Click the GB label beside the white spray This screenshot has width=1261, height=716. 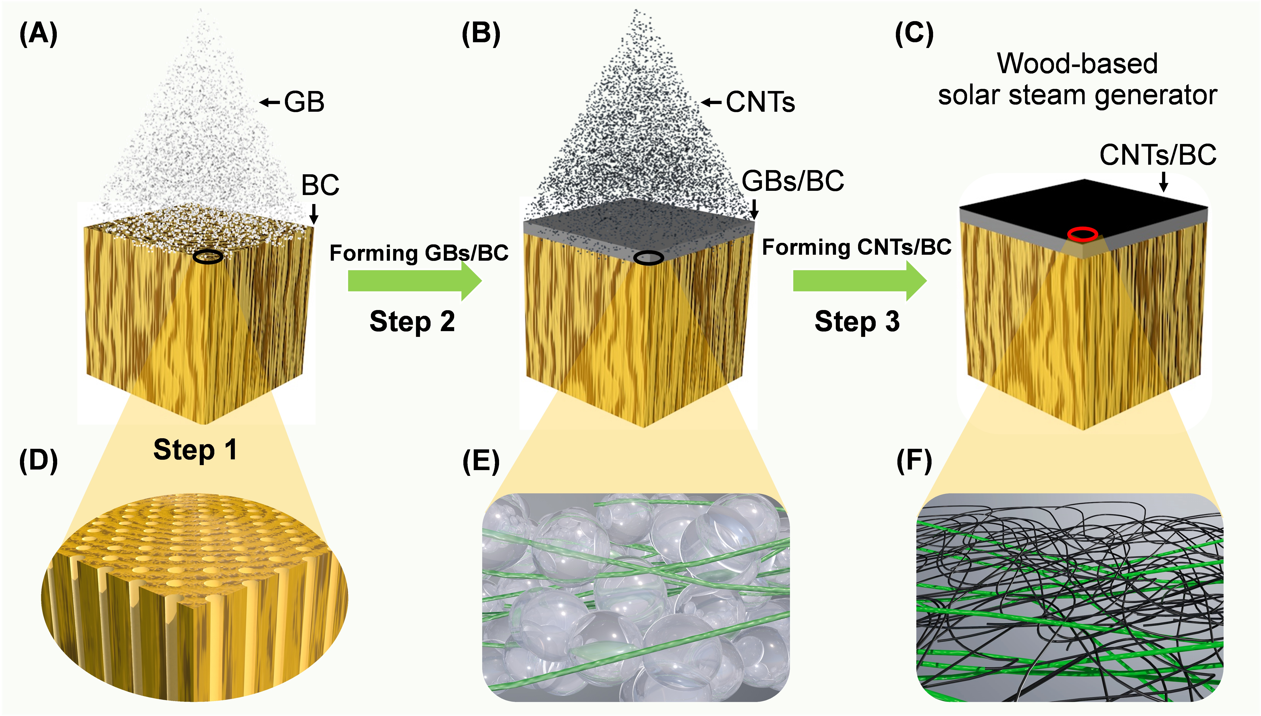[x=304, y=102]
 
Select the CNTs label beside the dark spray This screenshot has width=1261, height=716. [x=760, y=102]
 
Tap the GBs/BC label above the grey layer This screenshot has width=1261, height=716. [x=793, y=181]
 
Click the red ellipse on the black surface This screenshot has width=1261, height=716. [x=1083, y=234]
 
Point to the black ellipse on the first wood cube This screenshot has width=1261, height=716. [x=207, y=256]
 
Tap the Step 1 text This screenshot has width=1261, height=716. [x=195, y=449]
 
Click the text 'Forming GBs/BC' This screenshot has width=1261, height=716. [x=419, y=253]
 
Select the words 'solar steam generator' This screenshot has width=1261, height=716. [x=1077, y=95]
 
